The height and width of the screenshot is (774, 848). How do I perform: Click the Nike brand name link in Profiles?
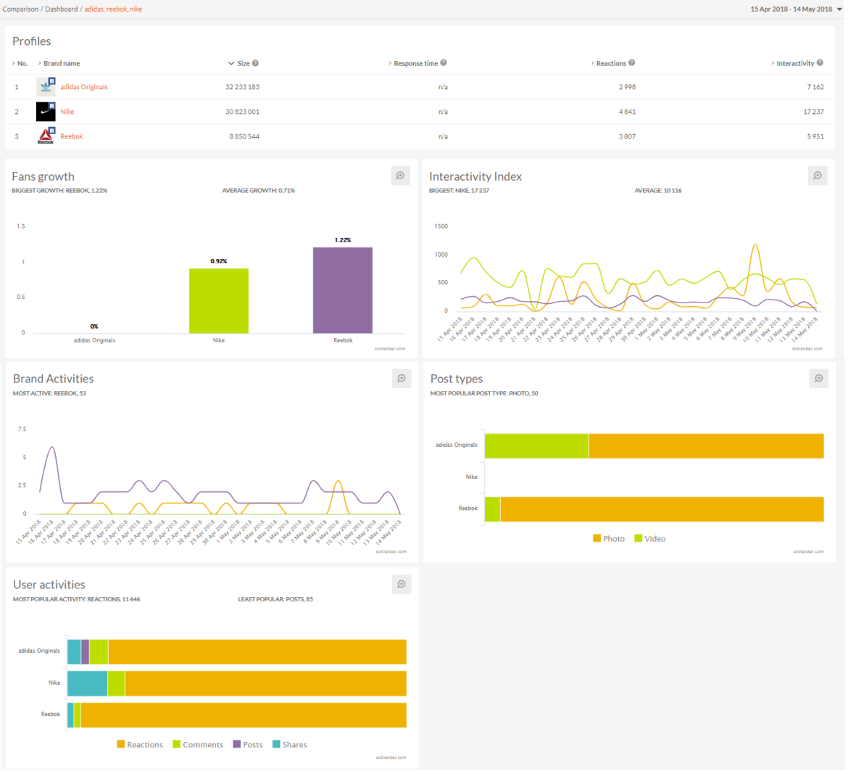[67, 112]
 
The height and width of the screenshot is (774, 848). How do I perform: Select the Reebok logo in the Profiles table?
[46, 136]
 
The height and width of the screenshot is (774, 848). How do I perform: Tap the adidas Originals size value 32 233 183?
[242, 87]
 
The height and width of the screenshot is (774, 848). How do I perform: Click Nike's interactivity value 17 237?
[813, 112]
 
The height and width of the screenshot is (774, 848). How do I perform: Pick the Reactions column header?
[611, 64]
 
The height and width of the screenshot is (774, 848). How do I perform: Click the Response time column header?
[416, 64]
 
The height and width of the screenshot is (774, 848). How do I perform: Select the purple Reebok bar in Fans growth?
[343, 290]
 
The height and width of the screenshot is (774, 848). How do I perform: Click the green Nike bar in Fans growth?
[219, 301]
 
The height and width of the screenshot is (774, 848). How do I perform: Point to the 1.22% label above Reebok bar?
[343, 240]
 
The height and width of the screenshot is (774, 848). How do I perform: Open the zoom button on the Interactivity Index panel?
[818, 176]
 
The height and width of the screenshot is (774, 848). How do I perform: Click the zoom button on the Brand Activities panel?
[401, 379]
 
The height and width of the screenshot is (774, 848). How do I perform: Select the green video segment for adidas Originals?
[536, 446]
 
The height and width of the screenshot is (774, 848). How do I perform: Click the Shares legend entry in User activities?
[290, 745]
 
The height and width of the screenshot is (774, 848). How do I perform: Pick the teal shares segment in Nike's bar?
[87, 683]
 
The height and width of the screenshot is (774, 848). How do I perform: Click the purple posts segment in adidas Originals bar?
[86, 652]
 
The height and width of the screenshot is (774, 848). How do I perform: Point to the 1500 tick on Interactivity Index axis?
[441, 226]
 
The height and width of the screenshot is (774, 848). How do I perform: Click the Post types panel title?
[456, 379]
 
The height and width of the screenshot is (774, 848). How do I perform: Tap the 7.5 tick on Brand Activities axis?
[22, 429]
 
